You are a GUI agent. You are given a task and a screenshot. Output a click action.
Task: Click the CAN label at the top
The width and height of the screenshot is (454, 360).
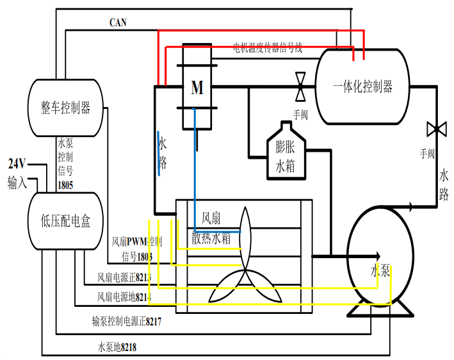pyautogui.click(x=118, y=22)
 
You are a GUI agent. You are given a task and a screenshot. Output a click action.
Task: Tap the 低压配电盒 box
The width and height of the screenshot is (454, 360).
pyautogui.click(x=66, y=222)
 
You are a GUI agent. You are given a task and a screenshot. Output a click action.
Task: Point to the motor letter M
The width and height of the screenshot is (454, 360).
pyautogui.click(x=197, y=88)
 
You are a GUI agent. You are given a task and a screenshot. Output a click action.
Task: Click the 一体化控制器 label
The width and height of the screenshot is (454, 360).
pyautogui.click(x=363, y=86)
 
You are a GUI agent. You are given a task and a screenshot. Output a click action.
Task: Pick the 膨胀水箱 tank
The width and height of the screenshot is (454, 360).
pyautogui.click(x=286, y=156)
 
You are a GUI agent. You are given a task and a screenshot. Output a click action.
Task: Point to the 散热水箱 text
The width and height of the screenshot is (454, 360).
pyautogui.click(x=211, y=238)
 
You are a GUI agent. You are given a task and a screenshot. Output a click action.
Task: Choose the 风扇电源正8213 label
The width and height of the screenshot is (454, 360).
pyautogui.click(x=124, y=278)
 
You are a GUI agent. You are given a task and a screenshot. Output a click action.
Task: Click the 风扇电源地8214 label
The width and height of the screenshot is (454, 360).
pyautogui.click(x=124, y=297)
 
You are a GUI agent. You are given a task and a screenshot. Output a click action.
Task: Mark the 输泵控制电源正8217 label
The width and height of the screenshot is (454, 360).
pyautogui.click(x=126, y=322)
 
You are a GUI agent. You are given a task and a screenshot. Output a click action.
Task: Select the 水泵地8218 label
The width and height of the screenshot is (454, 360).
pyautogui.click(x=117, y=347)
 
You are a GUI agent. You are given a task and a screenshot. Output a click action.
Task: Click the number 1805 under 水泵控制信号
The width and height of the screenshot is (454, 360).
pyautogui.click(x=65, y=185)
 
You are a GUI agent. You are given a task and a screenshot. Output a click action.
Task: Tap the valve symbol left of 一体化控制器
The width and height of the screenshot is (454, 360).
pyautogui.click(x=300, y=86)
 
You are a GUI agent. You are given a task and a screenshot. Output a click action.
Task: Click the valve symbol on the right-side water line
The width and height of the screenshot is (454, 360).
pyautogui.click(x=436, y=129)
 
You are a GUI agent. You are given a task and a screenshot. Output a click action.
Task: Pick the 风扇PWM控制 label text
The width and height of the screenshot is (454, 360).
pyautogui.click(x=137, y=242)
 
